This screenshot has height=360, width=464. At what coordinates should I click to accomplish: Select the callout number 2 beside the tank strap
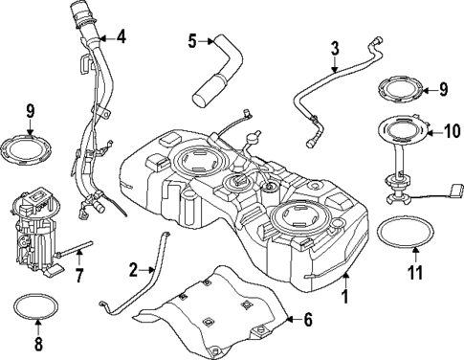tap(135, 269)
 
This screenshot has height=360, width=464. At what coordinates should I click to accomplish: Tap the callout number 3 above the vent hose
tap(335, 48)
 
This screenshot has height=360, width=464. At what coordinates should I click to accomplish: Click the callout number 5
tap(192, 40)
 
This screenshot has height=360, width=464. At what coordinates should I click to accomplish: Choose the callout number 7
tap(79, 277)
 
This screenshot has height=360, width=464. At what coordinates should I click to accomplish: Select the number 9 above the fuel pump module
tap(31, 112)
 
